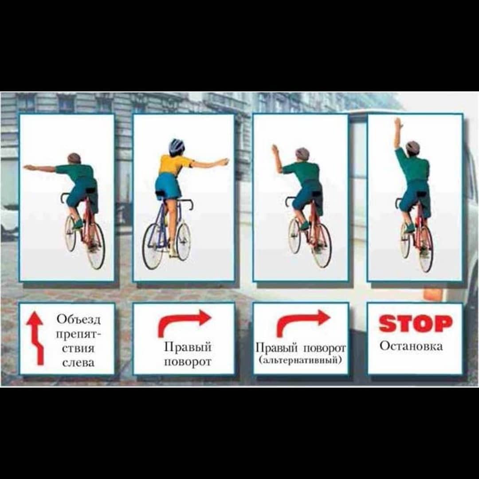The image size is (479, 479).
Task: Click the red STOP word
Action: (x=416, y=323)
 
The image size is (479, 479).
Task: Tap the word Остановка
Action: (x=411, y=346)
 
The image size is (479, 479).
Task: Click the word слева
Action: (x=78, y=363)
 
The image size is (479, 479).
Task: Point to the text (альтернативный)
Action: (x=300, y=360)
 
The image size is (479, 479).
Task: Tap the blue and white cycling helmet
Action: (x=177, y=146)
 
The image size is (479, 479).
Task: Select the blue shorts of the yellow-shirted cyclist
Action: (x=168, y=186)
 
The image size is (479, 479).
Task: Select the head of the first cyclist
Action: (x=74, y=159)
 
